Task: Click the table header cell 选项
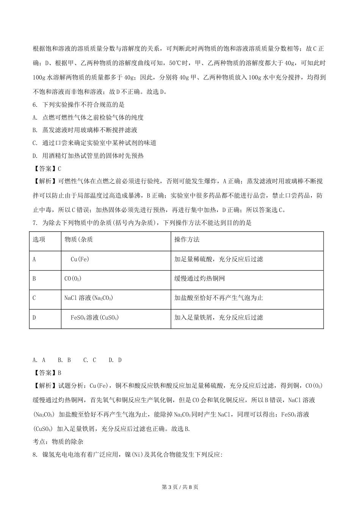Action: coord(39,240)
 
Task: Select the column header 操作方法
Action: coord(187,240)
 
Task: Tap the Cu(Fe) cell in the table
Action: coord(80,259)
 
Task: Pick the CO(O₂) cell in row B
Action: coord(73,279)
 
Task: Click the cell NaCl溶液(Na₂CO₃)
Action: coord(89,298)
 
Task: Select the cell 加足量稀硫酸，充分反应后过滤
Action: coord(219,259)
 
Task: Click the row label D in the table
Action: coord(34,317)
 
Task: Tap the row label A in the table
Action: coord(34,259)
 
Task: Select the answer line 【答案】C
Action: coord(47,169)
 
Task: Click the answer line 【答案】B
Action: coord(47,373)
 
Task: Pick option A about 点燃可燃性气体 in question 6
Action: coord(88,117)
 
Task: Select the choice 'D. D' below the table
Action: coord(115,360)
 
